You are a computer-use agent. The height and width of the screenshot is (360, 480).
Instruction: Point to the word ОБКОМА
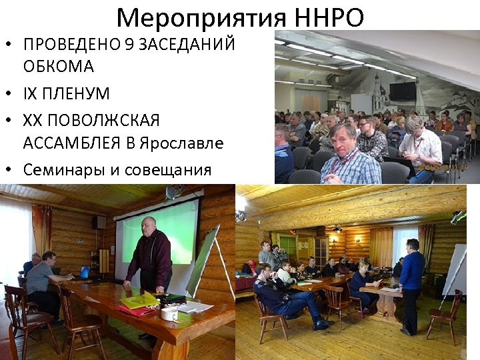pyautogui.click(x=59, y=67)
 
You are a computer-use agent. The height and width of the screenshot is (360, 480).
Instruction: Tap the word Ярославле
pyautogui.click(x=178, y=143)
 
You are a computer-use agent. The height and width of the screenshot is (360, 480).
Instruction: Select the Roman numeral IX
pyautogui.click(x=31, y=93)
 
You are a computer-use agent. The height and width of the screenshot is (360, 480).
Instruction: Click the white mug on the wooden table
pyautogui.click(x=170, y=313)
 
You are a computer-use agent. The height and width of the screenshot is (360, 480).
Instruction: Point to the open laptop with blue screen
pyautogui.click(x=85, y=272)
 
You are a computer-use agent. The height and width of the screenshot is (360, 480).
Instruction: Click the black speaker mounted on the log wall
pyautogui.click(x=99, y=222)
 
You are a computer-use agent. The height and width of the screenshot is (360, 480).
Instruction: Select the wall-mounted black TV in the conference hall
pyautogui.click(x=403, y=91)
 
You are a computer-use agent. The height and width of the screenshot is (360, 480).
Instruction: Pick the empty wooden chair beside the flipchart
pyautogui.click(x=443, y=313)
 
